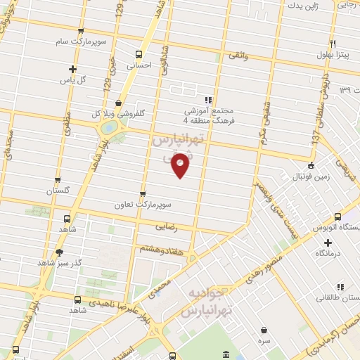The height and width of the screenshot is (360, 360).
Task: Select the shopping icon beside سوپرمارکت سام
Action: tap(82, 31)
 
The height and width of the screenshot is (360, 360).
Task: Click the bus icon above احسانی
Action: tap(139, 53)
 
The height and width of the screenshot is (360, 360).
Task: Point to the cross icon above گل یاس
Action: tap(72, 69)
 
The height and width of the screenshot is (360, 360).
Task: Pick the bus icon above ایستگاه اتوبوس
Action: tap(338, 217)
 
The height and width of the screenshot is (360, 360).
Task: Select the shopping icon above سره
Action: tap(264, 330)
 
